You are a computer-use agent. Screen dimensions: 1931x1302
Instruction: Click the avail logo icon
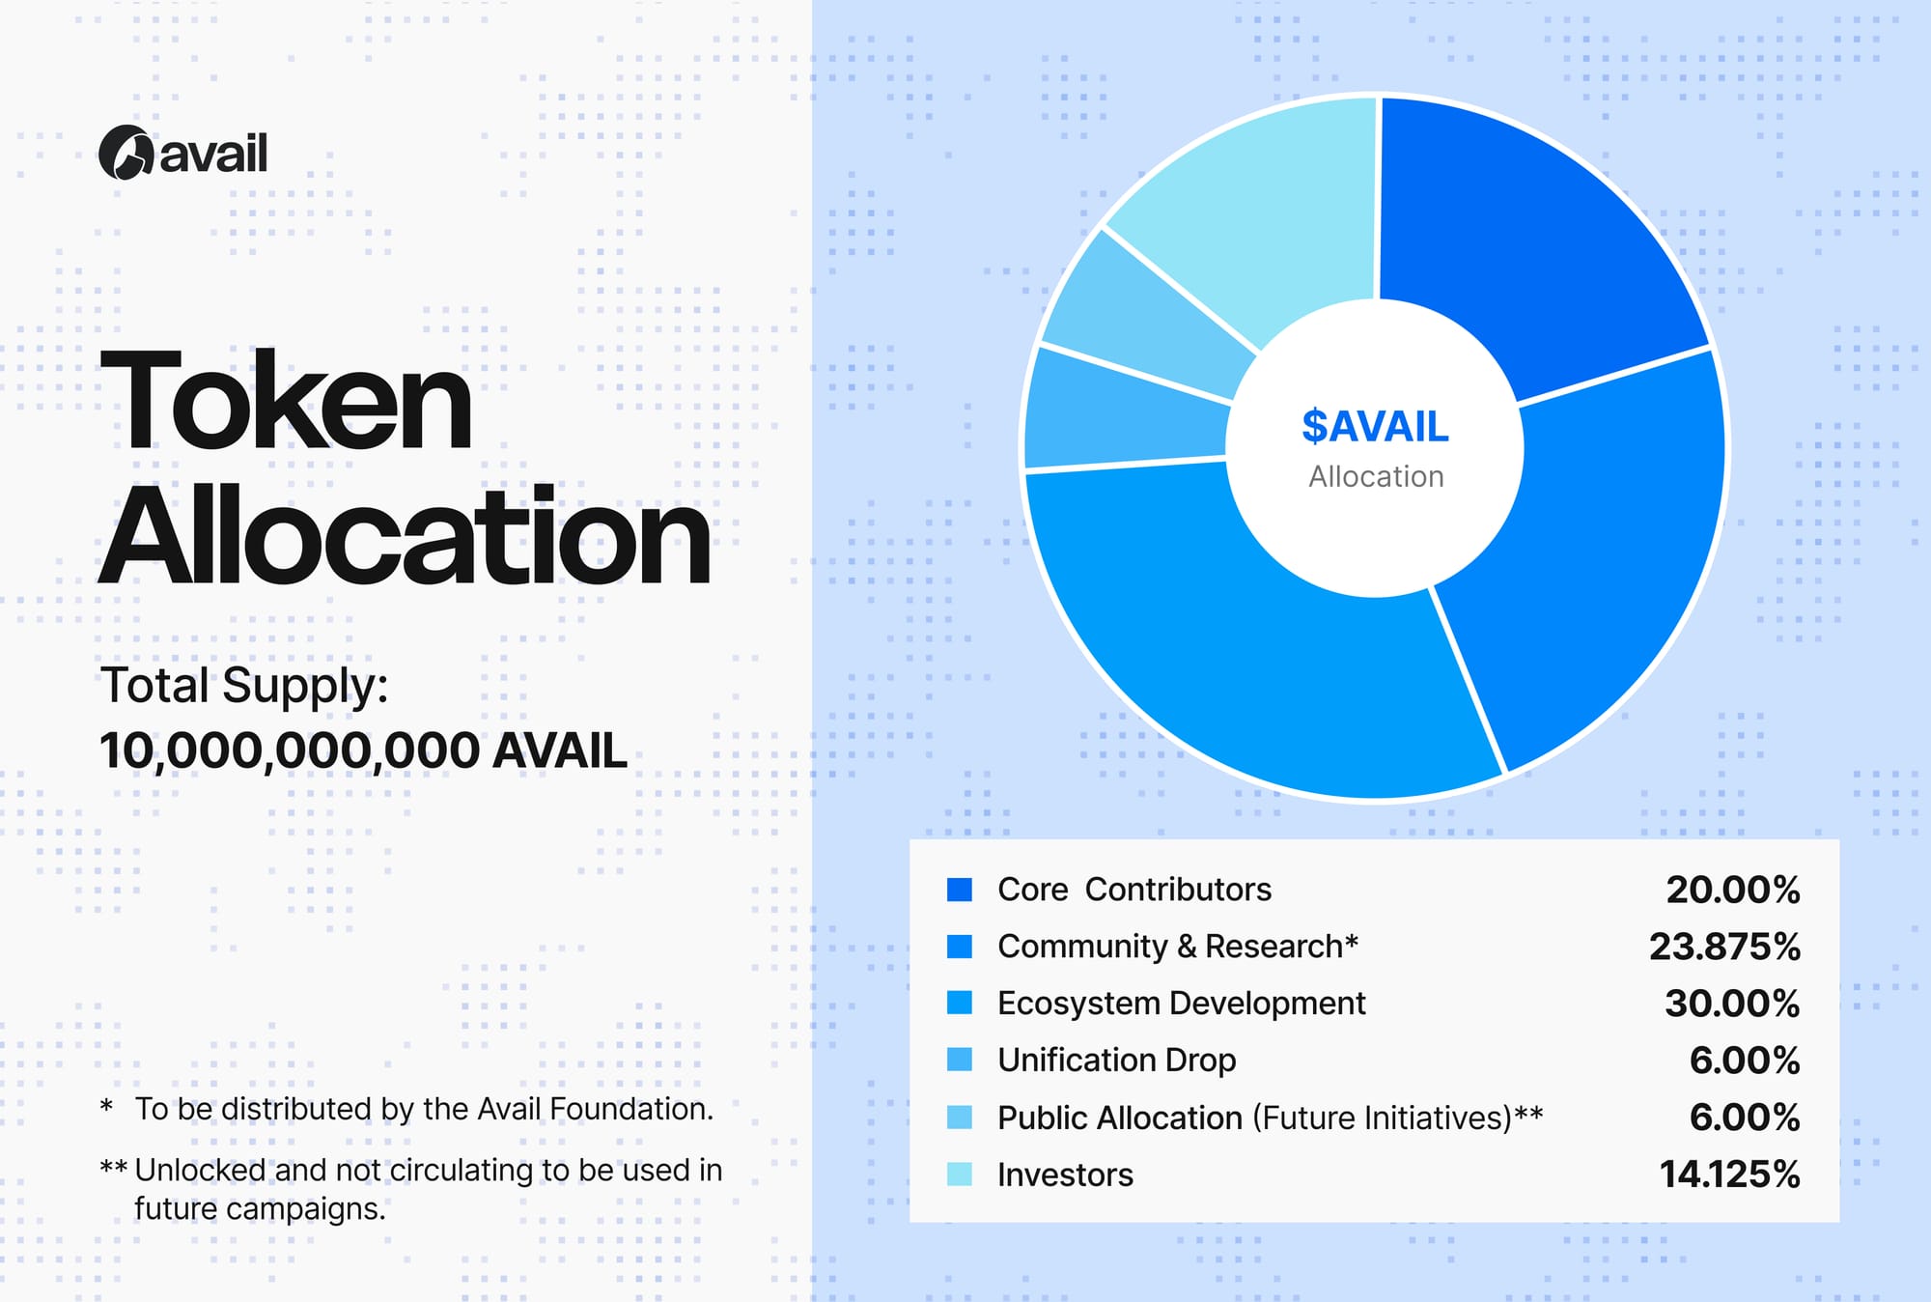(x=126, y=153)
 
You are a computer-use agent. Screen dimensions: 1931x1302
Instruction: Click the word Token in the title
(x=287, y=400)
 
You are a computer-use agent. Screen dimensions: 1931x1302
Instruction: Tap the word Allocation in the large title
(x=406, y=536)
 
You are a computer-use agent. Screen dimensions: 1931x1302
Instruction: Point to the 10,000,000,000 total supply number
(x=290, y=751)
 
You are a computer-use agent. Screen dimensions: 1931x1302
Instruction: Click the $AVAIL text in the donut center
(x=1375, y=426)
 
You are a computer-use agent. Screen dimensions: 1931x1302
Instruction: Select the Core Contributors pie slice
(x=1525, y=241)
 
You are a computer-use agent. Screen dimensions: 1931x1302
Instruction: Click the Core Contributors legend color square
(x=960, y=890)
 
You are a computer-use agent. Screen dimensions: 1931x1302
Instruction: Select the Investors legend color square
(x=960, y=1175)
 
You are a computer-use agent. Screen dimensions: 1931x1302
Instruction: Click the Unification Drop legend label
(x=1117, y=1061)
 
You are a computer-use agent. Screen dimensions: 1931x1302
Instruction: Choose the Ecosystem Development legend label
(x=1182, y=1004)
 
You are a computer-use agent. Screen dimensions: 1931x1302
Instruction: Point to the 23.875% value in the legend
(x=1724, y=947)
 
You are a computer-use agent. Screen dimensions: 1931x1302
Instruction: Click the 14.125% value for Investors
(x=1729, y=1175)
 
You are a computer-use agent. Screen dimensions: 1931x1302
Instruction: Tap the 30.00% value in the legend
(x=1732, y=1004)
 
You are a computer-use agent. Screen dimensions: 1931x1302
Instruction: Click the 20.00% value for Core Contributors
(x=1733, y=890)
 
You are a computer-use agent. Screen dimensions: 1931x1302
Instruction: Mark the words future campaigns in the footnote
(x=260, y=1208)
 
